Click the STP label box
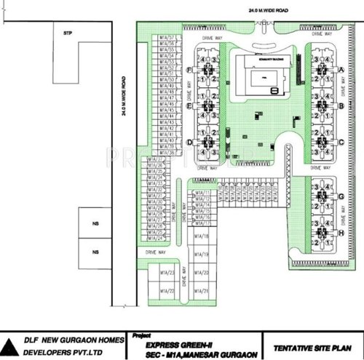68,33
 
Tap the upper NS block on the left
94,223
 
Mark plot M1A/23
166,273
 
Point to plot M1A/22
166,291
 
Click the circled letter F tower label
189,70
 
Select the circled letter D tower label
189,142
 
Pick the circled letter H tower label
341,233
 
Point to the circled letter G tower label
341,196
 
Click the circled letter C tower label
341,142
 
